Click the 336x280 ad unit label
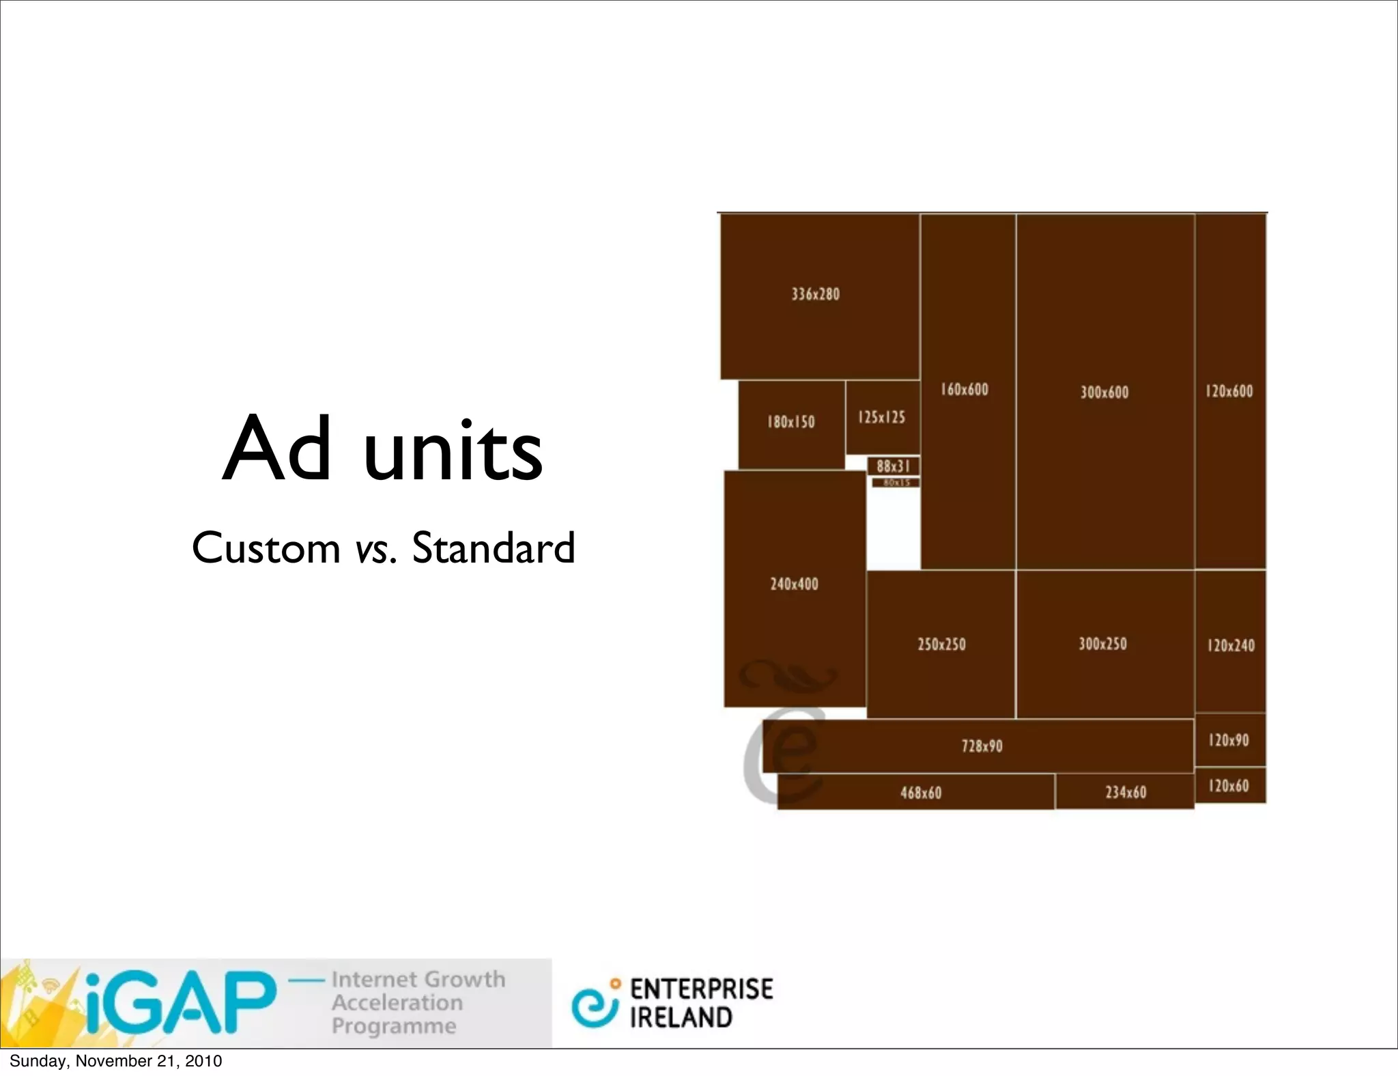[815, 294]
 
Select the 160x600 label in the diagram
[964, 389]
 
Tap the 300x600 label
[1104, 392]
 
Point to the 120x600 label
[1229, 391]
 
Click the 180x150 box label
[790, 422]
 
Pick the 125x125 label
[881, 417]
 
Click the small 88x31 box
[893, 466]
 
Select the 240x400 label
[794, 584]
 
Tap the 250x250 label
[941, 644]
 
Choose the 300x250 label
[1102, 643]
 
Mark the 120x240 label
[1231, 645]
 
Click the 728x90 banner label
[982, 746]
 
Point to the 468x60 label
[920, 793]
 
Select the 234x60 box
[1125, 792]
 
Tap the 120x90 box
[1229, 740]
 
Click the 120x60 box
[1229, 785]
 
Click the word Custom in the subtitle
[266, 548]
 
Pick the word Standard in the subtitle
[493, 548]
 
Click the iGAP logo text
[181, 1002]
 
